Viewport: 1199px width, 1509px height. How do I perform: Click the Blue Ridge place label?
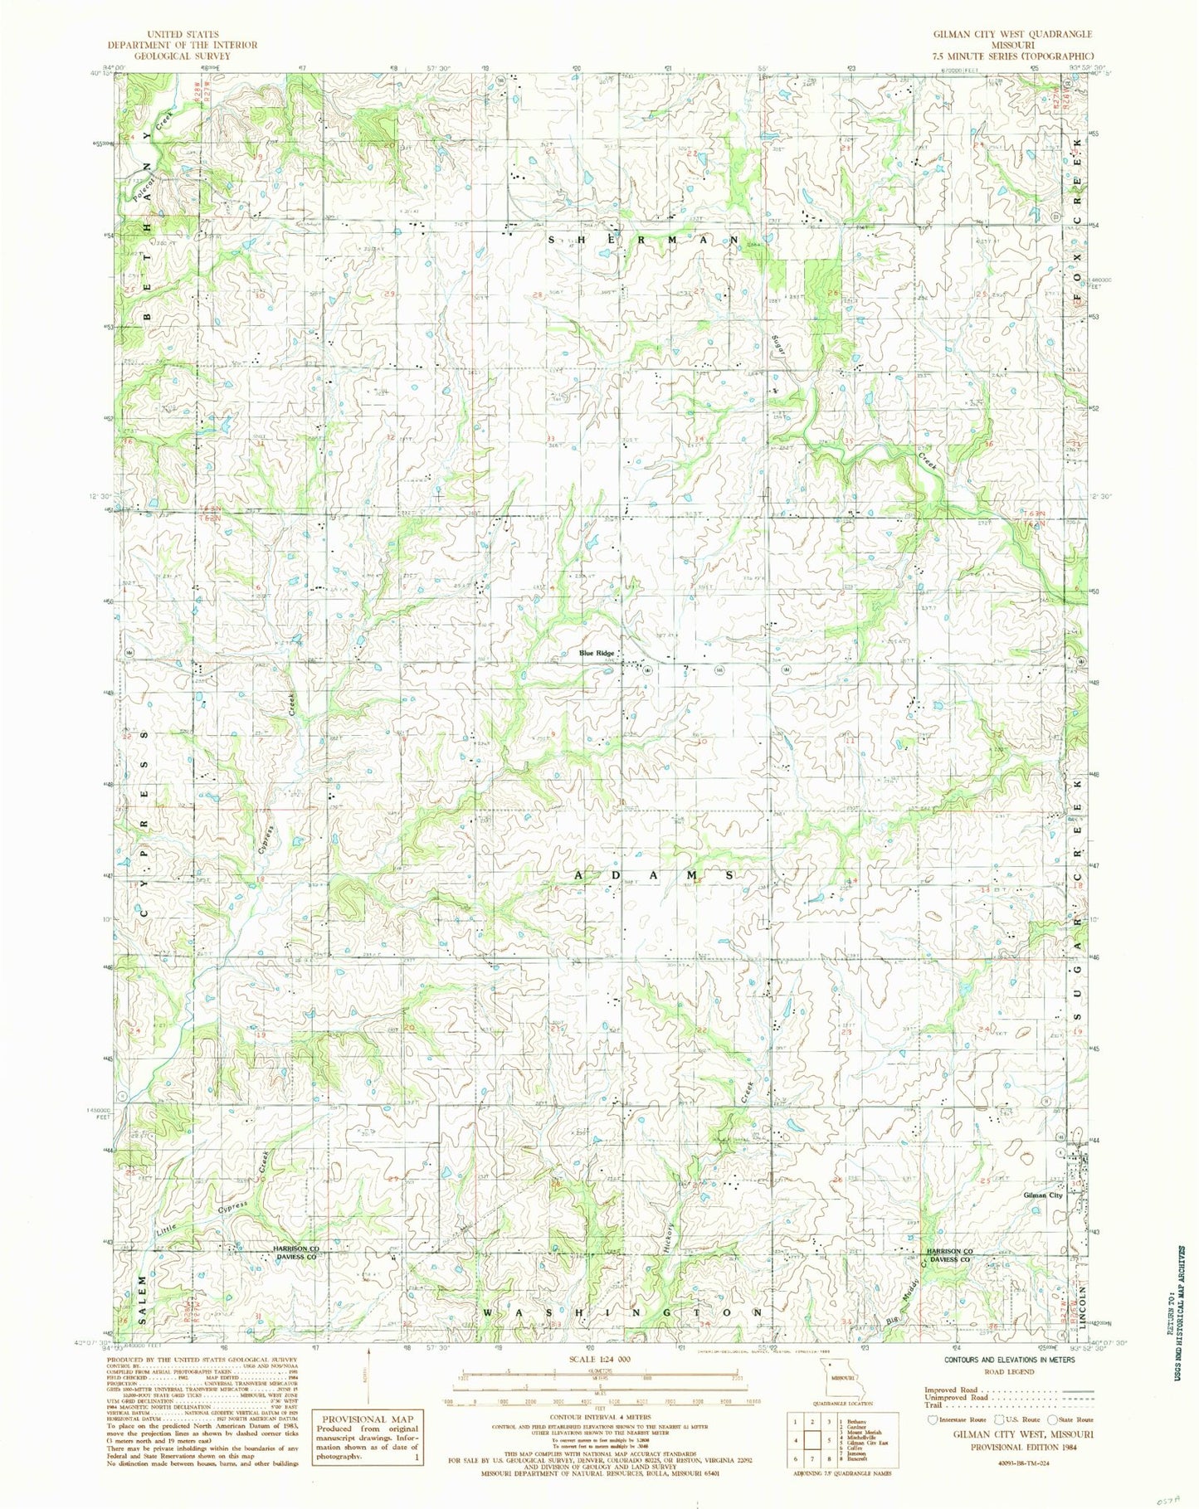coord(597,654)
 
